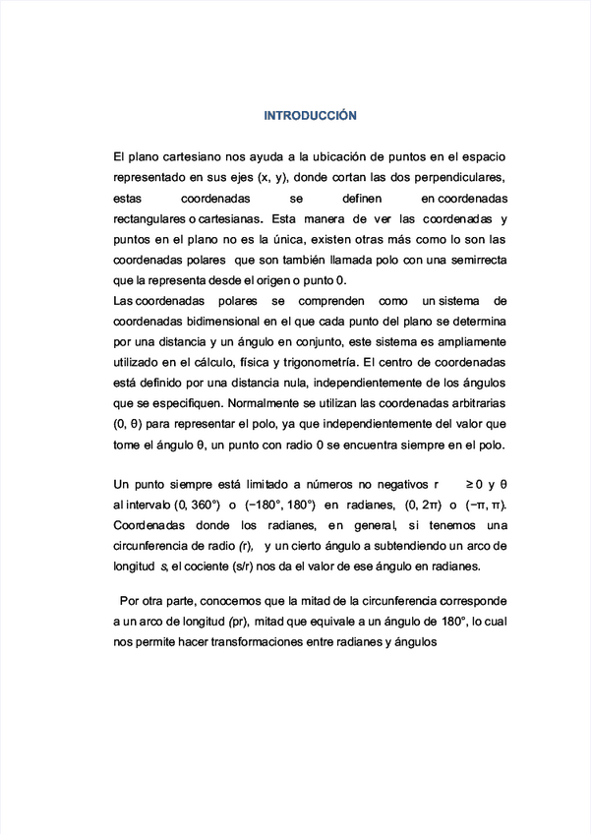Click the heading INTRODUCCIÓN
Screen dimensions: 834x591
tap(310, 116)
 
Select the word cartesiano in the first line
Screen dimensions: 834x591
tap(193, 157)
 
